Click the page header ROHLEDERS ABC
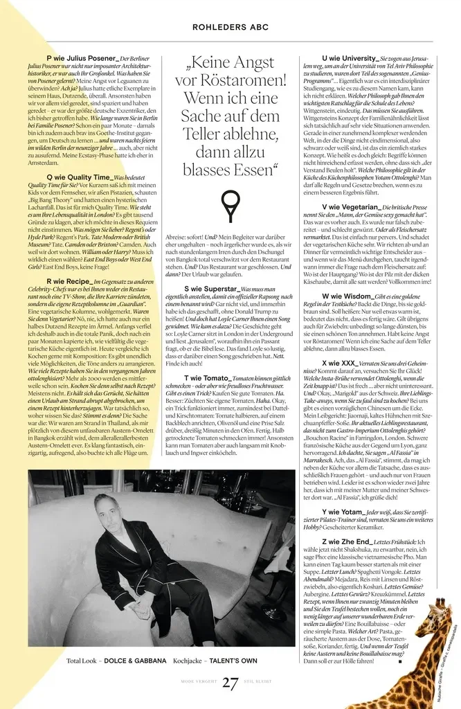pyautogui.click(x=230, y=27)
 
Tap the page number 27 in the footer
pyautogui.click(x=230, y=683)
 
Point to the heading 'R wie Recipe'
pyautogui.click(x=69, y=282)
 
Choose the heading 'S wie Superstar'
pyautogui.click(x=210, y=288)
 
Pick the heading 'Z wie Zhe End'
pyautogui.click(x=347, y=542)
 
